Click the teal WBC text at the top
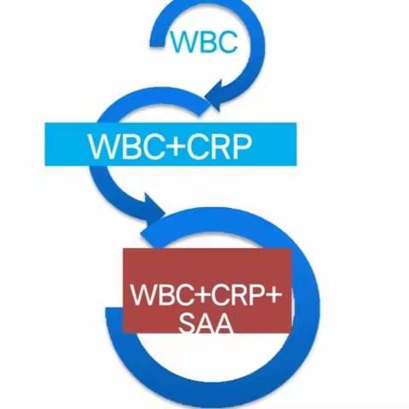(x=204, y=42)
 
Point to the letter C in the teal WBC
(x=228, y=42)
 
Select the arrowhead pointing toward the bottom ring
(x=152, y=210)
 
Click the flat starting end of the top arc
(x=158, y=42)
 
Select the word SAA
(x=206, y=323)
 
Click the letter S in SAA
(x=187, y=323)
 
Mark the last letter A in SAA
(x=224, y=323)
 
